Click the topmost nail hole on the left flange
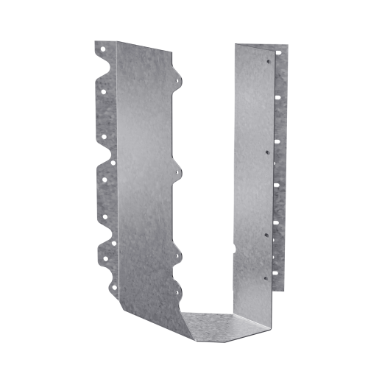coord(104,53)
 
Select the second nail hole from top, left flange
coord(104,92)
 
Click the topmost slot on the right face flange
coord(277,54)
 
